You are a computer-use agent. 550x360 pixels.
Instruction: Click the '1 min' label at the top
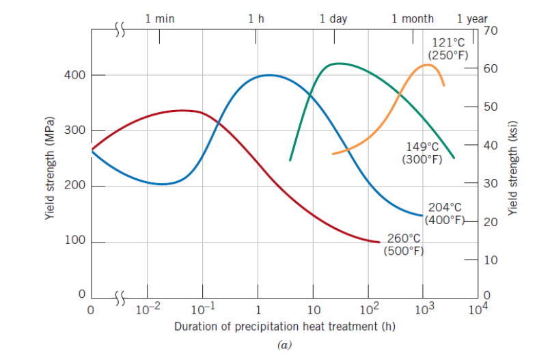pyautogui.click(x=160, y=18)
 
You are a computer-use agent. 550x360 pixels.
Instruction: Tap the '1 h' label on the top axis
pyautogui.click(x=256, y=18)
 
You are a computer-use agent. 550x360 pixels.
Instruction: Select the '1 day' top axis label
pyautogui.click(x=333, y=18)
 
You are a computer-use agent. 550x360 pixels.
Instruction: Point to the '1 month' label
pyautogui.click(x=412, y=18)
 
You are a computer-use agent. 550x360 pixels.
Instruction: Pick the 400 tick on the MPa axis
pyautogui.click(x=74, y=74)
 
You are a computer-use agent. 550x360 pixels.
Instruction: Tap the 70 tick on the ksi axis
pyautogui.click(x=491, y=30)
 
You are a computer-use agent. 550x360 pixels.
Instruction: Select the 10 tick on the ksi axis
pyautogui.click(x=491, y=260)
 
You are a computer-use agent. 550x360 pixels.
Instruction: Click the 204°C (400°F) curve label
pyautogui.click(x=445, y=213)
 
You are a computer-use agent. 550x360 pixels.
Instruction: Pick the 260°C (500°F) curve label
pyautogui.click(x=404, y=244)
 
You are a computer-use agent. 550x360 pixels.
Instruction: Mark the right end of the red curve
pyautogui.click(x=379, y=242)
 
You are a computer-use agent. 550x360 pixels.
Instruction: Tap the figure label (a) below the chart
pyautogui.click(x=285, y=345)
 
